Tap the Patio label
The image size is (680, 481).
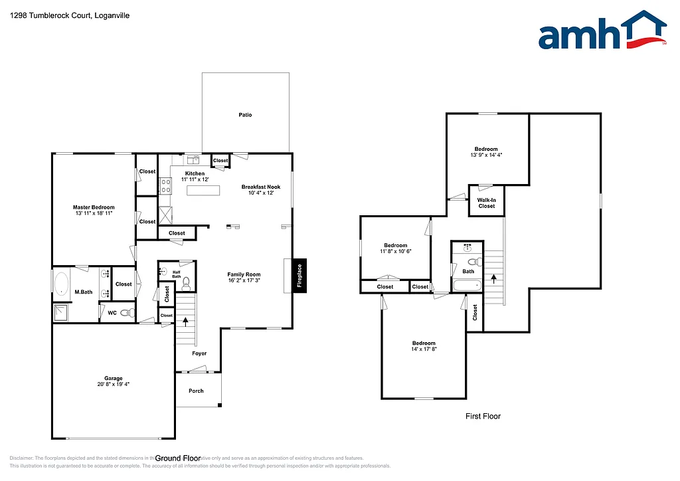pyautogui.click(x=245, y=115)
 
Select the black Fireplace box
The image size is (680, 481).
pyautogui.click(x=299, y=275)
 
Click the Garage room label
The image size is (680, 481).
pyautogui.click(x=113, y=379)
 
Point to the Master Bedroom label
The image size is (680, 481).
pyautogui.click(x=94, y=208)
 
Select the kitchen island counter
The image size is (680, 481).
pyautogui.click(x=204, y=191)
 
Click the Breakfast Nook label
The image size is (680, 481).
pyautogui.click(x=260, y=187)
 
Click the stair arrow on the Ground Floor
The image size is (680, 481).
pyautogui.click(x=186, y=322)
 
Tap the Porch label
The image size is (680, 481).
pyautogui.click(x=196, y=391)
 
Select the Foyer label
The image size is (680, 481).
pyautogui.click(x=199, y=353)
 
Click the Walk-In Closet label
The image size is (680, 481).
pyautogui.click(x=486, y=203)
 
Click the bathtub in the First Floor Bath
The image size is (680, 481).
pyautogui.click(x=467, y=286)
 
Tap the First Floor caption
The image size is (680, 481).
pyautogui.click(x=482, y=417)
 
